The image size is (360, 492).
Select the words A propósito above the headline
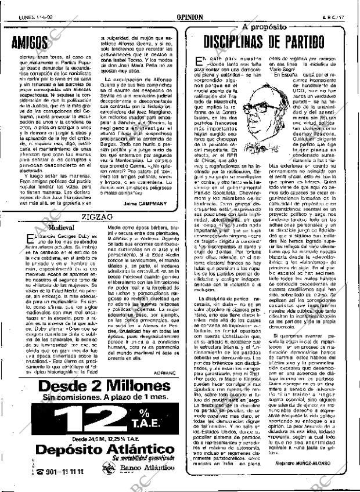264,27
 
